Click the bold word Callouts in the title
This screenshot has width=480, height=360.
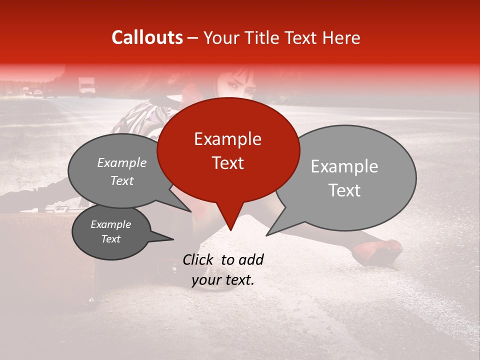click(147, 37)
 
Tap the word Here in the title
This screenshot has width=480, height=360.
click(342, 37)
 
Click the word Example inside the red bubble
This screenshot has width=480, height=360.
click(227, 139)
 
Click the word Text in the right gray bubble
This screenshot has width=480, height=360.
click(345, 190)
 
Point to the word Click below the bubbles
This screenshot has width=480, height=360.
click(199, 259)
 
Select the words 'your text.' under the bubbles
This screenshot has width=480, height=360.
click(223, 280)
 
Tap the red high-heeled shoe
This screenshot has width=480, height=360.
click(382, 252)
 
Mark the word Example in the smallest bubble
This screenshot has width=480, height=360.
click(110, 224)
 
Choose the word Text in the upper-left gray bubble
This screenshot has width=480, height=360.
click(122, 180)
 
